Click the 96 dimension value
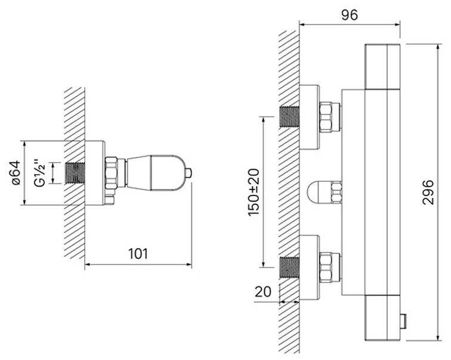click(x=350, y=15)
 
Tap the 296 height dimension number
click(x=428, y=192)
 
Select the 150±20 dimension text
click(x=254, y=192)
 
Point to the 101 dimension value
click(x=138, y=254)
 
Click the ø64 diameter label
click(x=16, y=172)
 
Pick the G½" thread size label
click(x=40, y=173)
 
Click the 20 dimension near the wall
click(x=263, y=292)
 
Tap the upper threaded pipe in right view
click(x=290, y=116)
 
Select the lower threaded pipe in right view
click(x=290, y=268)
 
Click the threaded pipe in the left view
click(x=75, y=173)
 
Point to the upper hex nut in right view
click(x=326, y=117)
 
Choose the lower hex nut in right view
click(x=326, y=268)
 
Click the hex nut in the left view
click(x=112, y=173)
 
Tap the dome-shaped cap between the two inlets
click(x=319, y=192)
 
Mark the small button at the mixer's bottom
click(x=403, y=321)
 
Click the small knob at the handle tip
click(x=189, y=173)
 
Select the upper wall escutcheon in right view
click(x=310, y=117)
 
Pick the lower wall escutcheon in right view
click(x=310, y=268)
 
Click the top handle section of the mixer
click(x=382, y=67)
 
